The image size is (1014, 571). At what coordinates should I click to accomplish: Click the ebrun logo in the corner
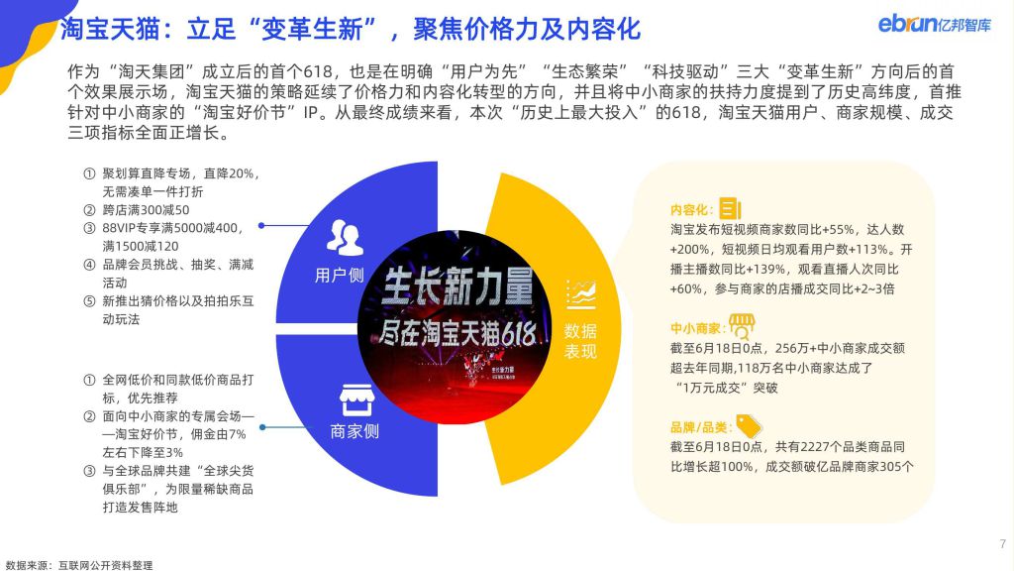click(x=934, y=24)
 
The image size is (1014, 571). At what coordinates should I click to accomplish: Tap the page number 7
click(x=1002, y=544)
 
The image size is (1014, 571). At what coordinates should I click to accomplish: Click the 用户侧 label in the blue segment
click(x=339, y=276)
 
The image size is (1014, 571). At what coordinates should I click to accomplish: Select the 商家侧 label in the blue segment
click(x=355, y=431)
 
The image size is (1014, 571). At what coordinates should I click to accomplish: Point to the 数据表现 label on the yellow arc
click(x=580, y=341)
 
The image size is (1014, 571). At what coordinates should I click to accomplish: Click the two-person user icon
click(x=344, y=238)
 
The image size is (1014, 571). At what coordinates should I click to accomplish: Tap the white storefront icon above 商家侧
click(x=356, y=400)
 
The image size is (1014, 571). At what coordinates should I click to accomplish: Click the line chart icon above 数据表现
click(x=580, y=295)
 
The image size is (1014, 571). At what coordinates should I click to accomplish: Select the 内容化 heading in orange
click(x=691, y=210)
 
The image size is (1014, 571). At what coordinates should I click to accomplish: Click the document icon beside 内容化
click(x=730, y=208)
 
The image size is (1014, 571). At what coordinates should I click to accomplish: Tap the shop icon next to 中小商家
click(x=742, y=326)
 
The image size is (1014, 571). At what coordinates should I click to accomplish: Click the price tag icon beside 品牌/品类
click(x=749, y=426)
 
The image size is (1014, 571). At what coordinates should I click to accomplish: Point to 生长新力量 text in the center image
click(x=456, y=285)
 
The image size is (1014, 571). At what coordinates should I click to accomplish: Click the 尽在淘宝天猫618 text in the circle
click(x=456, y=334)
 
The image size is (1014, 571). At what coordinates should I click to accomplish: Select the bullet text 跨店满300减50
click(x=147, y=210)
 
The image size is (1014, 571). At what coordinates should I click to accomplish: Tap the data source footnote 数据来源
click(x=79, y=565)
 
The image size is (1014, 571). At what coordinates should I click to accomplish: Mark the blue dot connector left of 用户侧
click(x=261, y=226)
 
